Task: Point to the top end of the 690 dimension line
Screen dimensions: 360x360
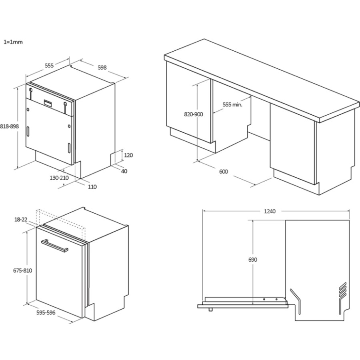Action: click(x=252, y=220)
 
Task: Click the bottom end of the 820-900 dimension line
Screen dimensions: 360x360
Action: click(x=197, y=161)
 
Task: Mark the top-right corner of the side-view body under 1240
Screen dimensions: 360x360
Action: click(x=349, y=220)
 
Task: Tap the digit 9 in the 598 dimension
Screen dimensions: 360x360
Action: click(x=102, y=68)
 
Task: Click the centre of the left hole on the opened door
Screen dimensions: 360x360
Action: click(x=264, y=299)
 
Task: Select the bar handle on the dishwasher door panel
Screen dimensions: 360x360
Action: click(x=54, y=246)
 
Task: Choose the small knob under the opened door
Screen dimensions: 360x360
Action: click(x=210, y=310)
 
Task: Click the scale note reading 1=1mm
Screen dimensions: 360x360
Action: click(x=13, y=42)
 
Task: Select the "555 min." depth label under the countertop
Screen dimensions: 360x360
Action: click(x=232, y=105)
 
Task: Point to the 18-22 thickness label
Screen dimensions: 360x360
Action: click(x=21, y=220)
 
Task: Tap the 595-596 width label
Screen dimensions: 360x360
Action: click(x=46, y=312)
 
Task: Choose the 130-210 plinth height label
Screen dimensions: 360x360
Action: click(x=59, y=178)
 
